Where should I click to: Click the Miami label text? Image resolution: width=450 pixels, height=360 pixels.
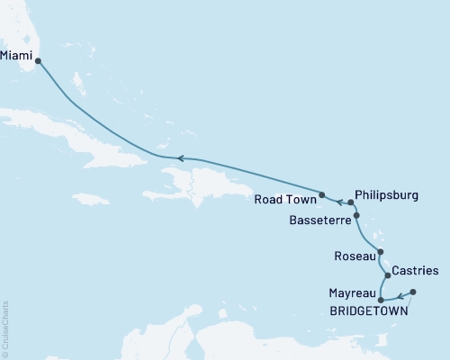point(17,55)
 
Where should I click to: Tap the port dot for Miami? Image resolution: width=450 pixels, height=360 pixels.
point(38,62)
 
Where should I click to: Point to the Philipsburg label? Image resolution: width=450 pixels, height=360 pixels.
point(386,193)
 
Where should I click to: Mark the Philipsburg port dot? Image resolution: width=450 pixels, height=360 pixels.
point(351,202)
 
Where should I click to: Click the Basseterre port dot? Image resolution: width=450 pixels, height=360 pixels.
point(357,216)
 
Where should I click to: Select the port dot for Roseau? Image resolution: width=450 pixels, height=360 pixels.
point(381,253)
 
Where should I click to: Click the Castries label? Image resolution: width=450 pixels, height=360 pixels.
point(416,270)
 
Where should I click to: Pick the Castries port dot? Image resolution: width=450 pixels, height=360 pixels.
point(388,274)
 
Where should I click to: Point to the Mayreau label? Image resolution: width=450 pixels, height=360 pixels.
point(352,293)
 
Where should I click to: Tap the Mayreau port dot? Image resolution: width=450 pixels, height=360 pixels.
point(381,300)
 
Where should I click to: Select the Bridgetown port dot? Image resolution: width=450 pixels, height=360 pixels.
point(413,292)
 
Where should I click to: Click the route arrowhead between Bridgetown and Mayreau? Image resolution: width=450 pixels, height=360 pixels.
point(400,297)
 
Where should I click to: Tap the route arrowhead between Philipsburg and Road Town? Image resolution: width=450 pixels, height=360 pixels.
point(339,201)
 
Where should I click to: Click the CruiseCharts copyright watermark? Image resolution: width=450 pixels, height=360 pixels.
point(5,328)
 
